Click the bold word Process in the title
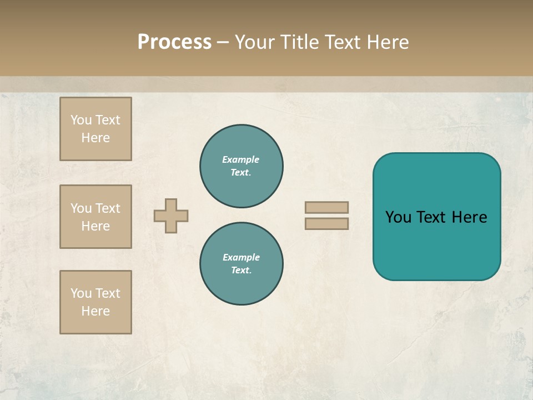click(174, 42)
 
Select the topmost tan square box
click(95, 129)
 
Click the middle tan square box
click(95, 217)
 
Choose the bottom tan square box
click(95, 302)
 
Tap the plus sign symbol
click(171, 216)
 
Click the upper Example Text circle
click(242, 166)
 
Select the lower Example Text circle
click(242, 264)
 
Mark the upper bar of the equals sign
click(327, 207)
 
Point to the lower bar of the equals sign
click(327, 224)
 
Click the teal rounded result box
click(436, 217)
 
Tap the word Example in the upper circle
click(241, 159)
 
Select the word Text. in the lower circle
click(241, 271)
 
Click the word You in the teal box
click(398, 217)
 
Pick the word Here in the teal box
click(469, 217)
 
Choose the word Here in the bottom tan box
click(95, 311)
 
